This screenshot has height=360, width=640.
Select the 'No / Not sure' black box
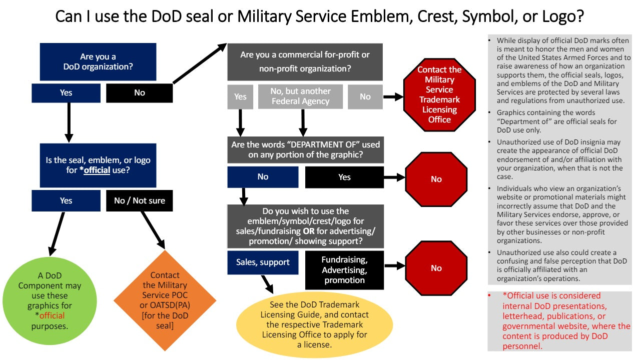click(139, 200)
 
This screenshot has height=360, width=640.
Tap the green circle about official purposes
click(49, 301)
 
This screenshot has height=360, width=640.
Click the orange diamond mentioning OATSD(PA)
click(165, 300)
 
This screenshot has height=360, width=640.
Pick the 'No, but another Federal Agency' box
click(300, 96)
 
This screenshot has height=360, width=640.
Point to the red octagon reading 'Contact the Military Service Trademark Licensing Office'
click(439, 95)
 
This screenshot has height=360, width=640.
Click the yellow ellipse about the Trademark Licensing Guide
click(314, 324)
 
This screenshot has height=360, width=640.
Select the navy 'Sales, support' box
click(263, 262)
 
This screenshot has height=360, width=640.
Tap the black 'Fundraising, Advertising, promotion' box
click(344, 270)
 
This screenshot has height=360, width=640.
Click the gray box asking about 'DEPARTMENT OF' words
click(305, 150)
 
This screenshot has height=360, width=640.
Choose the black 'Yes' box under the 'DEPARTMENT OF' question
click(344, 177)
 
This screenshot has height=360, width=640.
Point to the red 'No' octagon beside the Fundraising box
click(436, 268)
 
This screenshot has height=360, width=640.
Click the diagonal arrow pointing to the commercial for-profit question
click(199, 63)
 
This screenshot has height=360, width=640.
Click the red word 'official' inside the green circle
click(52, 315)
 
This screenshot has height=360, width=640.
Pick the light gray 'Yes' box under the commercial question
click(240, 96)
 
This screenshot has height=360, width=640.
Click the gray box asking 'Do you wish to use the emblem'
click(305, 226)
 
